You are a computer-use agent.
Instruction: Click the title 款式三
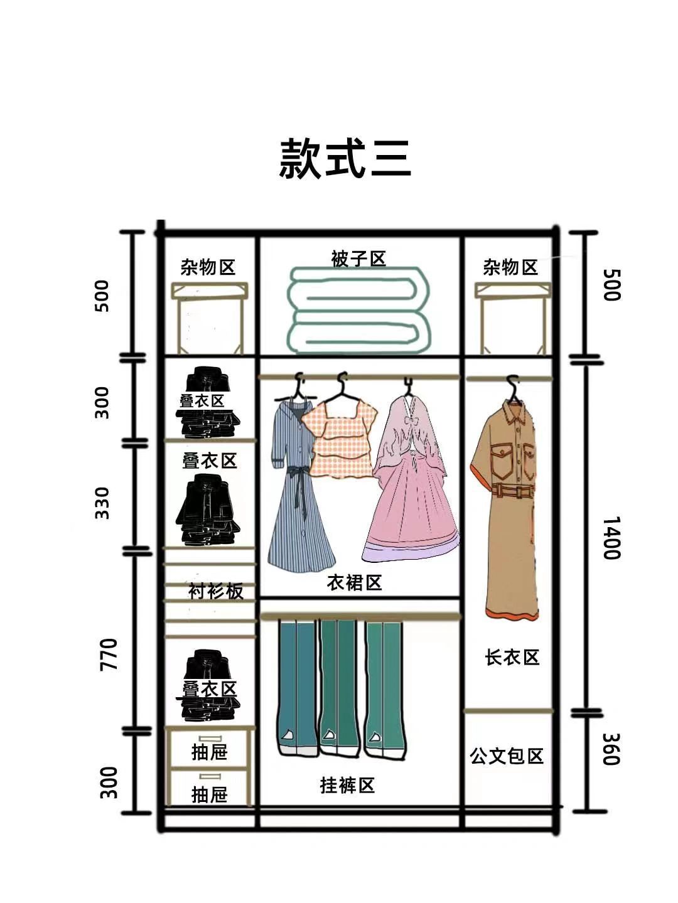click(x=345, y=159)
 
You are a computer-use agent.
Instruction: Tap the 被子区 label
click(x=358, y=259)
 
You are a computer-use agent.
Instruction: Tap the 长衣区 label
click(x=512, y=658)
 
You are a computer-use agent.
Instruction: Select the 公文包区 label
click(x=507, y=756)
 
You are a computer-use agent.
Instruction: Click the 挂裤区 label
click(x=347, y=785)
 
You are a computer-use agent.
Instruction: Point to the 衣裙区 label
click(x=354, y=583)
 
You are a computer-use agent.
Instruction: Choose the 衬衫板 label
click(x=216, y=591)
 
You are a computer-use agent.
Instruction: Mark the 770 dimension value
click(x=109, y=654)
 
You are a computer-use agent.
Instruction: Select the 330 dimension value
click(x=102, y=503)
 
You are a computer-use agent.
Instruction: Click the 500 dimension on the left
click(x=102, y=296)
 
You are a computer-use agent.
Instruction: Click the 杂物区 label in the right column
click(x=510, y=267)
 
